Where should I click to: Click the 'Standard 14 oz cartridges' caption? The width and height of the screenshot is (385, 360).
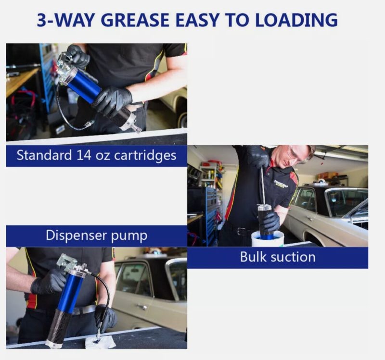96,156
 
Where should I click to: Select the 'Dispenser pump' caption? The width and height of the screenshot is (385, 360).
96,236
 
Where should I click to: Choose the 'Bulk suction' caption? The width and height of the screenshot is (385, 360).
278,257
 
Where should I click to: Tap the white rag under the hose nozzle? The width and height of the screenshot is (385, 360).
101,342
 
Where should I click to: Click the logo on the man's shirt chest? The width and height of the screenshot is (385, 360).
281,184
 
